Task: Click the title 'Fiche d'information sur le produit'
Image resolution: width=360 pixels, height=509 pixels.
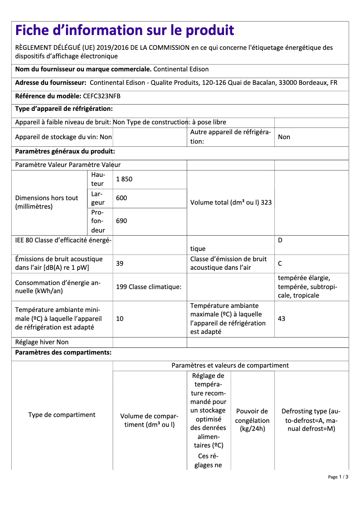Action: [x=124, y=30]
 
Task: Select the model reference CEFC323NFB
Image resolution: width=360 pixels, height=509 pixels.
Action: [x=102, y=96]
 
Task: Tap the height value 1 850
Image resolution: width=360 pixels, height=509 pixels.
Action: [x=124, y=179]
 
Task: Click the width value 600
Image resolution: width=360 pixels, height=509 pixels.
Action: [x=121, y=198]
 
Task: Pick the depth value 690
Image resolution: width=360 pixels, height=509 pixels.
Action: [x=121, y=221]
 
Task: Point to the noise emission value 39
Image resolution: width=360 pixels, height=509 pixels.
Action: [x=119, y=263]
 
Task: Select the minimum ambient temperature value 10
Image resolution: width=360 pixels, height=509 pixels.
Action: [x=119, y=319]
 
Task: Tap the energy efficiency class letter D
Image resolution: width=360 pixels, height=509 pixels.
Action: [x=280, y=240]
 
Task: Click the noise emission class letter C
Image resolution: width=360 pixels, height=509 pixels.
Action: [x=280, y=263]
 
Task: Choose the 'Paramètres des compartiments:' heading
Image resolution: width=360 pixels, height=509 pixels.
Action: [x=63, y=352]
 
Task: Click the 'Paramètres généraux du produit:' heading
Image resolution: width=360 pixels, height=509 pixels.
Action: [x=65, y=151]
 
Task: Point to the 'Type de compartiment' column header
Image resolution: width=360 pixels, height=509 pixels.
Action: [x=62, y=415]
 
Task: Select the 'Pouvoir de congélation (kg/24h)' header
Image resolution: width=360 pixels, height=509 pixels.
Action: [x=252, y=420]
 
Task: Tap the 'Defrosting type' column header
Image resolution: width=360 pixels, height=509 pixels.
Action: [x=311, y=420]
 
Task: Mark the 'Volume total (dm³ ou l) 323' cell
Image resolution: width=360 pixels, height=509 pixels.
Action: [x=231, y=202]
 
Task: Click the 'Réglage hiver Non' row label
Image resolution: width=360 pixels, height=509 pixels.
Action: [x=42, y=342]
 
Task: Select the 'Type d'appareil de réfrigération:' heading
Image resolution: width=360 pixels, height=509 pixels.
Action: [x=64, y=109]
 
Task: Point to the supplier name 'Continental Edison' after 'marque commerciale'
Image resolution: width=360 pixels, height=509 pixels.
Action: [x=181, y=69]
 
